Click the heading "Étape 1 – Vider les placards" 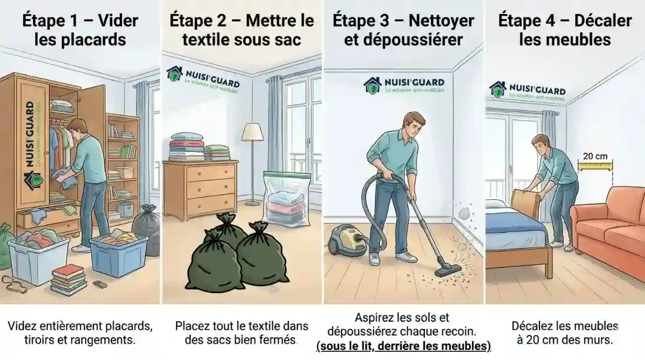(x=80, y=30)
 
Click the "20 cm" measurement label (x=595, y=157)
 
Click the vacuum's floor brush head (x=449, y=270)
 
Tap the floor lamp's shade (x=252, y=132)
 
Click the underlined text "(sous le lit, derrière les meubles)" (x=403, y=346)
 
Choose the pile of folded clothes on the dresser (x=186, y=148)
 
